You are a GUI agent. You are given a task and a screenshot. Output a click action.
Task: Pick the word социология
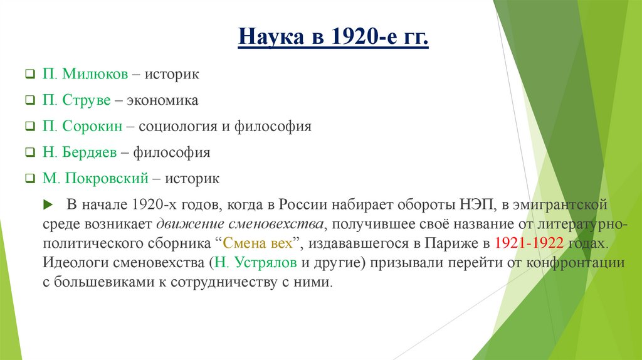pyautogui.click(x=175, y=126)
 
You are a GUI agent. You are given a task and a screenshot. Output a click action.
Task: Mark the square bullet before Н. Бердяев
pyautogui.click(x=29, y=153)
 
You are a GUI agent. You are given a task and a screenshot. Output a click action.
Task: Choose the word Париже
pyautogui.click(x=453, y=243)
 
